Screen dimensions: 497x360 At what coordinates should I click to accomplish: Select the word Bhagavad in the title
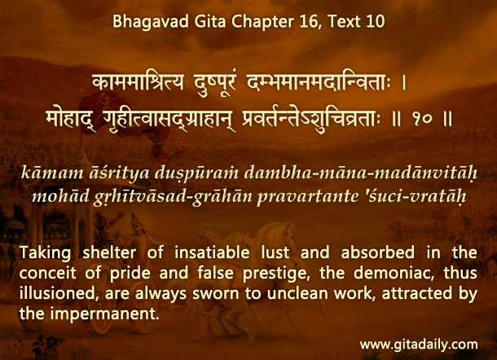coord(151,22)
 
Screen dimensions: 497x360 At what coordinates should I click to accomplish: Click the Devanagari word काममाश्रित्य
coord(139,83)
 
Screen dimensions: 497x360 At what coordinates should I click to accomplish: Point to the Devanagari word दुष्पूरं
coord(215,84)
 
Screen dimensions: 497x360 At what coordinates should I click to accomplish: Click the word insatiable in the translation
coord(212,252)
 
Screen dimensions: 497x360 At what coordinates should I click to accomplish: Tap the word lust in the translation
coord(275,252)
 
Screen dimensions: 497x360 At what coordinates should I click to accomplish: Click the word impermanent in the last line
coord(104,314)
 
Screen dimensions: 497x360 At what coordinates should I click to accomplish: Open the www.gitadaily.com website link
coord(419,345)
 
